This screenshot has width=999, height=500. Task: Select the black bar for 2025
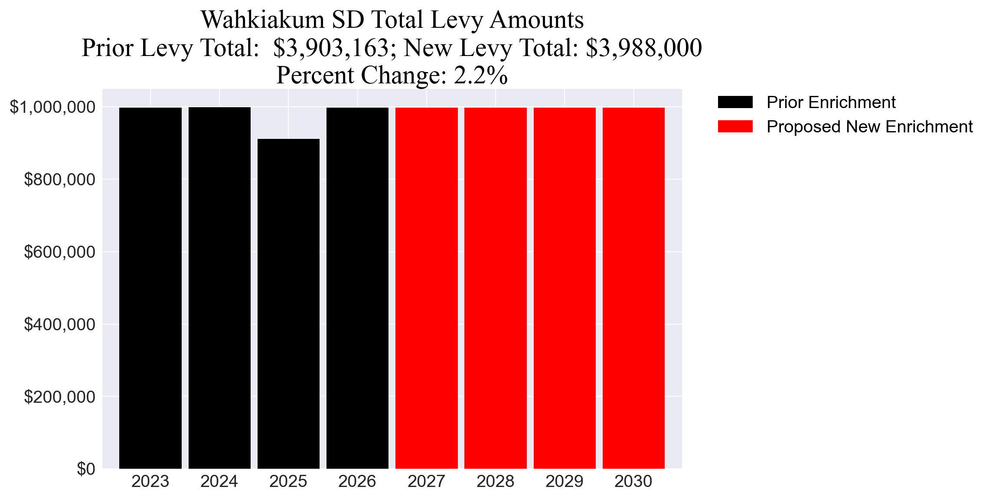(288, 304)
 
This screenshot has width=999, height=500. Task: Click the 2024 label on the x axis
(219, 481)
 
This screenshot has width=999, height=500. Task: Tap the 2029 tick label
(564, 481)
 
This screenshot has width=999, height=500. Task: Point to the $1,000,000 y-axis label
(52, 107)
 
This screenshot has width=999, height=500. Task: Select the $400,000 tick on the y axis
(59, 324)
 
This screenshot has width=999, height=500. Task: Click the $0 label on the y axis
(86, 469)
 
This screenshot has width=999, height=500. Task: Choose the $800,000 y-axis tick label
(59, 179)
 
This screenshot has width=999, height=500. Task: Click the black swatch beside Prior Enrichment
(735, 102)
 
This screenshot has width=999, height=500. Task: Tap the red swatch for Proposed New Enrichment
(735, 127)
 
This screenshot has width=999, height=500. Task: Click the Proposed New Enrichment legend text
(869, 127)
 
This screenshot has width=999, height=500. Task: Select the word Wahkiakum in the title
(263, 20)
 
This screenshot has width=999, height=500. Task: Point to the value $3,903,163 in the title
(331, 48)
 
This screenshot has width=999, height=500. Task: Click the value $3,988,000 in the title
(643, 48)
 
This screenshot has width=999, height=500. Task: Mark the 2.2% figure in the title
(480, 75)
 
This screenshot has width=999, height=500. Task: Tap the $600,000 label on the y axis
(59, 252)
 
